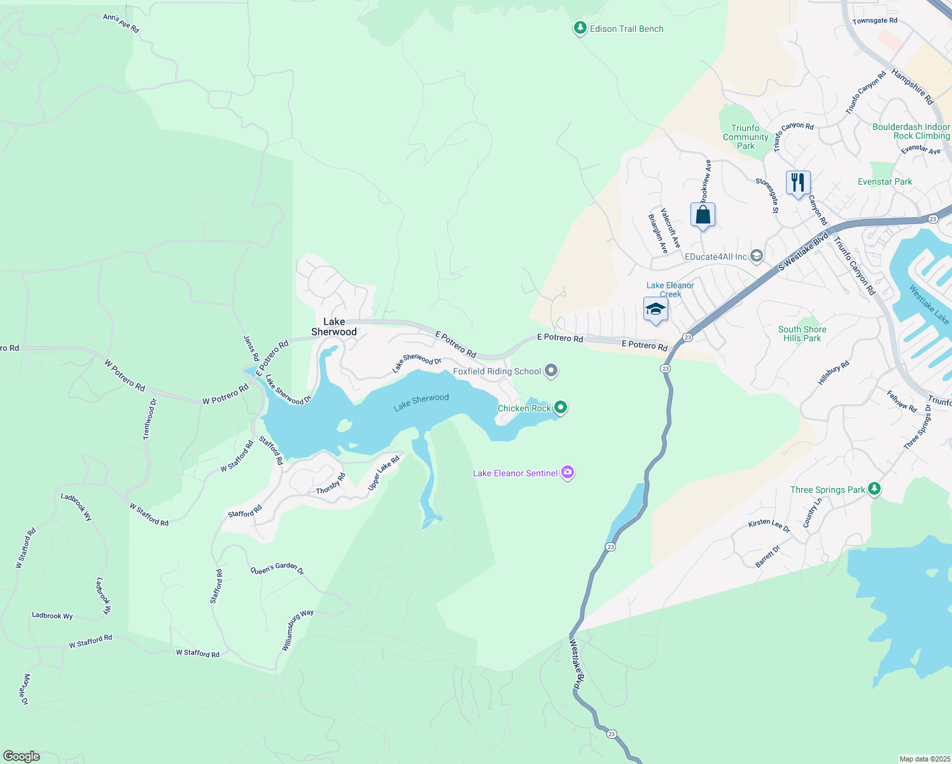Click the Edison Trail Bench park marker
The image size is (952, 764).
(x=580, y=28)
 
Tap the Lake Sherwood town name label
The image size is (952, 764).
(x=333, y=327)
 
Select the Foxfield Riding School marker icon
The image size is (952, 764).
(x=551, y=371)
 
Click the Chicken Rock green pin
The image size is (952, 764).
(x=560, y=407)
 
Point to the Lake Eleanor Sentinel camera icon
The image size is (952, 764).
(x=568, y=472)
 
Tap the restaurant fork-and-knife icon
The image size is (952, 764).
(x=797, y=183)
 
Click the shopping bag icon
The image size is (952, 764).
(x=703, y=215)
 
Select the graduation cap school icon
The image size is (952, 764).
(x=655, y=310)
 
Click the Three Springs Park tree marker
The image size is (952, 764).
(x=874, y=488)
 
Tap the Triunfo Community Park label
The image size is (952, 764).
(x=745, y=137)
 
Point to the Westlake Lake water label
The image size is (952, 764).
(x=929, y=304)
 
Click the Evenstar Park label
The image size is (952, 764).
(x=885, y=181)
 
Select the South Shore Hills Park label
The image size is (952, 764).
(x=802, y=334)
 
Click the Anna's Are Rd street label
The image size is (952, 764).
(x=121, y=24)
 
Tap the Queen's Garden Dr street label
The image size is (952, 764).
(x=277, y=568)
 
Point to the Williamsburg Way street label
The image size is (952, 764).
(x=297, y=629)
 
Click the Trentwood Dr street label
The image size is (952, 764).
(x=150, y=419)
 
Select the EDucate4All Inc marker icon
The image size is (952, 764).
(x=756, y=256)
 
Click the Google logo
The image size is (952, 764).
(x=22, y=756)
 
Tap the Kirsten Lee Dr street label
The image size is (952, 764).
(x=769, y=526)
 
